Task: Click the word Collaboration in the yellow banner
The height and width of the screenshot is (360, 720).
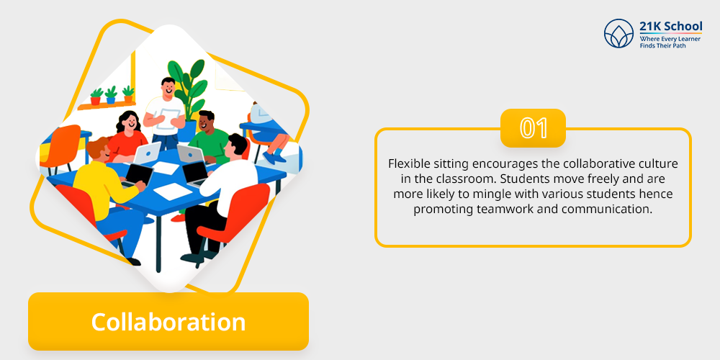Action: click(168, 322)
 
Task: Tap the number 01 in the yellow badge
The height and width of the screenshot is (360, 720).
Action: click(533, 129)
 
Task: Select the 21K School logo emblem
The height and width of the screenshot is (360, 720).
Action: click(618, 34)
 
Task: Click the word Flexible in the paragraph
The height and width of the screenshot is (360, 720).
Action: click(404, 164)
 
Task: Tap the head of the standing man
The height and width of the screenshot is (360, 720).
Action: click(168, 88)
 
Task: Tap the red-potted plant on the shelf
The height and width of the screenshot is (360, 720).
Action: click(96, 97)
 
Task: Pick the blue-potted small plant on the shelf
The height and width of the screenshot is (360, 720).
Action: click(111, 95)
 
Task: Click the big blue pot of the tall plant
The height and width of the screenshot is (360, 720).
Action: click(188, 131)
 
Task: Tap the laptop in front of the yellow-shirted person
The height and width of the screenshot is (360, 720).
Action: click(138, 175)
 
